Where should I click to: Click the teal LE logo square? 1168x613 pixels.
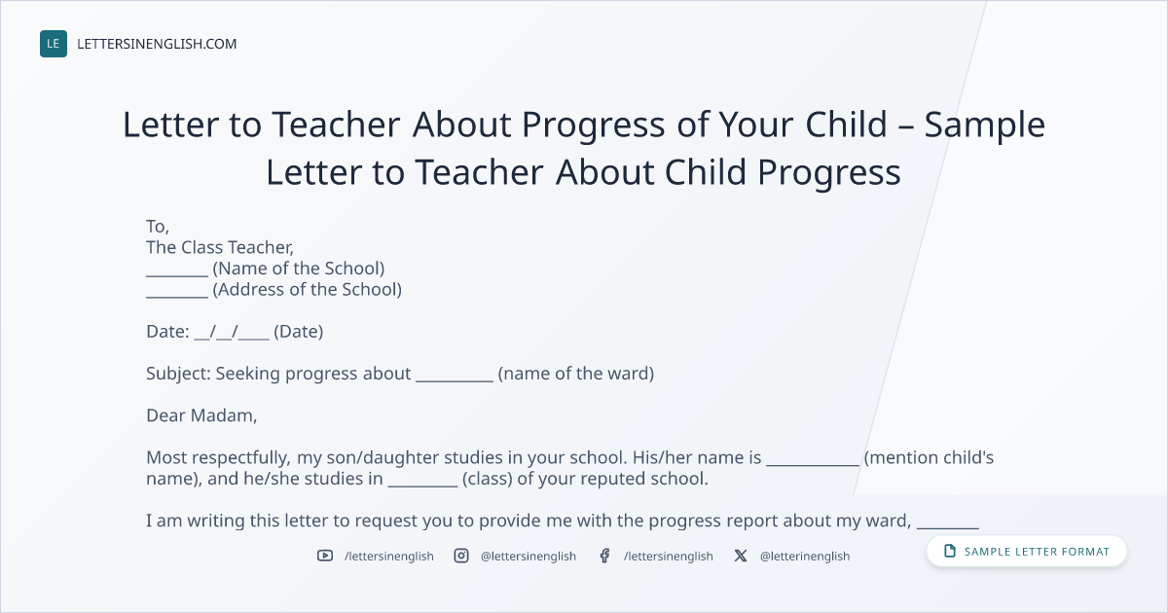[54, 44]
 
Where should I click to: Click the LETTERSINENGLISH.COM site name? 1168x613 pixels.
[157, 44]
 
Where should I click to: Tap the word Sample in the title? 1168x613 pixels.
[984, 126]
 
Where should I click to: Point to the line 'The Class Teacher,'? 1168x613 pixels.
[220, 247]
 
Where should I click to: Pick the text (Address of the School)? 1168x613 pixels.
[308, 289]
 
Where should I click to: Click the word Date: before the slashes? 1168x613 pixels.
[167, 332]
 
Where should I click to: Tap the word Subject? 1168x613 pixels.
[178, 374]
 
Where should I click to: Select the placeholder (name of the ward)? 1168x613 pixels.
[575, 374]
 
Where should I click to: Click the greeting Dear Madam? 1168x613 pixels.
[201, 415]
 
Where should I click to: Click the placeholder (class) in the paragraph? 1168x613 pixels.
[487, 479]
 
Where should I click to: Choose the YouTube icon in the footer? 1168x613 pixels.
[325, 556]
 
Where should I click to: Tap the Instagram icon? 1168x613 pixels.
[461, 556]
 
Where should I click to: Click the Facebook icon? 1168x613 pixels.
[604, 556]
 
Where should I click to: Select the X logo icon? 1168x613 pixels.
[741, 556]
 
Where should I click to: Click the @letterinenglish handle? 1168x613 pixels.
[805, 557]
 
